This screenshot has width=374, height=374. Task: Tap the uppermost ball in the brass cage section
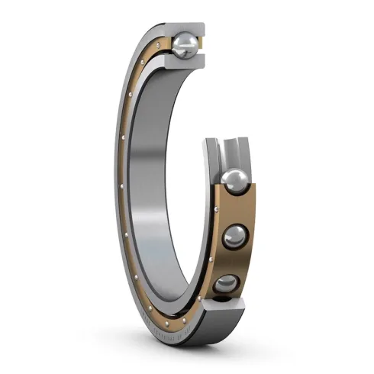tap(235, 183)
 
